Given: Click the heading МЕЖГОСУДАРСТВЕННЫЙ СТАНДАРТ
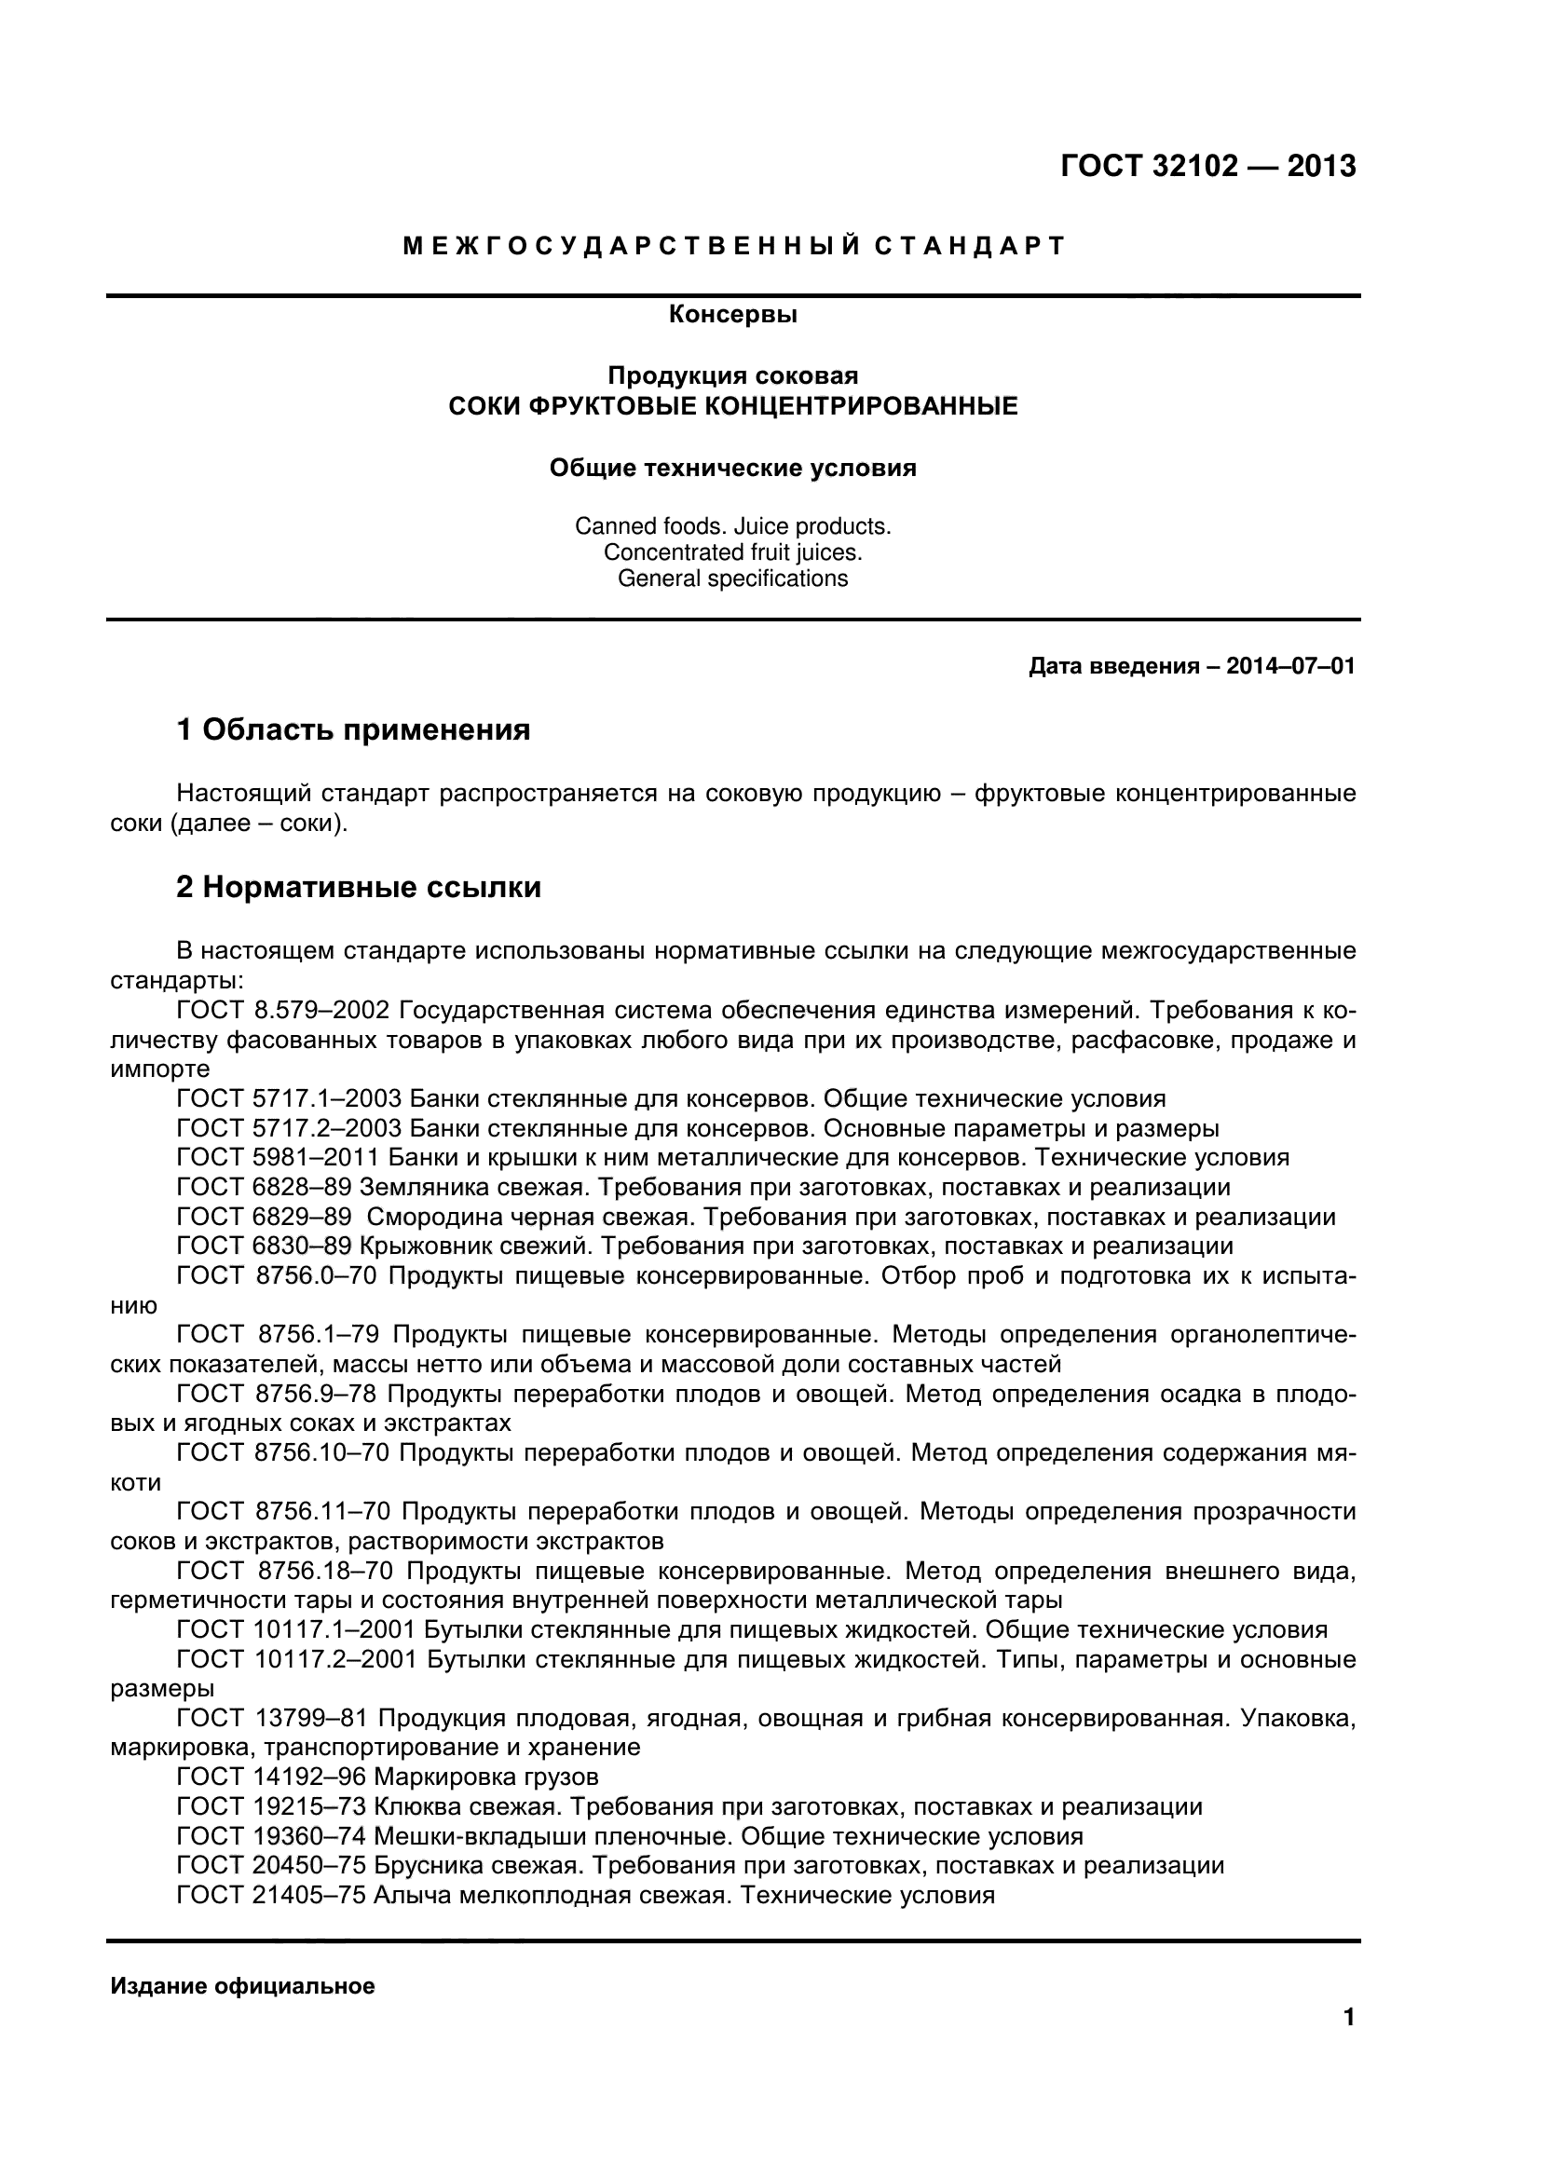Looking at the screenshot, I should click(733, 246).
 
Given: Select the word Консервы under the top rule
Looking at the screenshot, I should click(732, 314).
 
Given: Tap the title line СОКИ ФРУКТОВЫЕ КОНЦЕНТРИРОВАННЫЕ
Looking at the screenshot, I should click(732, 406).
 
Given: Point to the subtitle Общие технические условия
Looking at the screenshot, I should click(732, 468).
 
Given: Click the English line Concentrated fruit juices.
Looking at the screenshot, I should click(732, 552).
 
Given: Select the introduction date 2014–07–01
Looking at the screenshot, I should click(1290, 666).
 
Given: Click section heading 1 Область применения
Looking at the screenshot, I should click(353, 729).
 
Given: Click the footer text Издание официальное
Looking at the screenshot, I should click(243, 1985).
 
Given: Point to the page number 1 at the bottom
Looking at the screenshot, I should click(1348, 2043).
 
